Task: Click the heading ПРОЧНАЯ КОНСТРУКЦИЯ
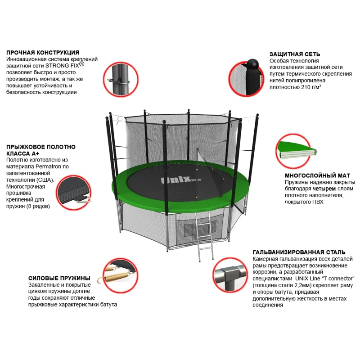pos(43,53)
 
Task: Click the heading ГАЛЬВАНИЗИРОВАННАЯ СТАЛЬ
pos(299,252)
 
